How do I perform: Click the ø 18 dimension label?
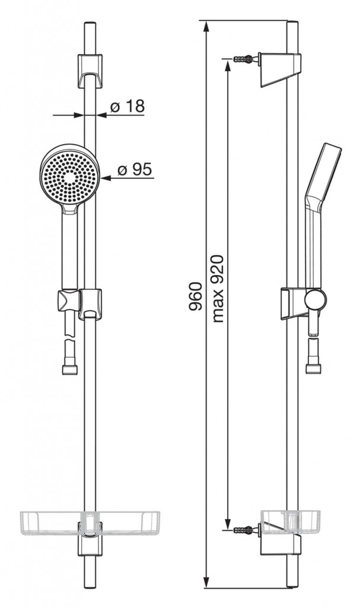[127, 107]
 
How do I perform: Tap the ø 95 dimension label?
[135, 170]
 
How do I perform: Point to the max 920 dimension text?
[216, 289]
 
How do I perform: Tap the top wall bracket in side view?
[281, 68]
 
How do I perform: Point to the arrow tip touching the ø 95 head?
[104, 177]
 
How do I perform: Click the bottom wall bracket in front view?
[90, 542]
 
